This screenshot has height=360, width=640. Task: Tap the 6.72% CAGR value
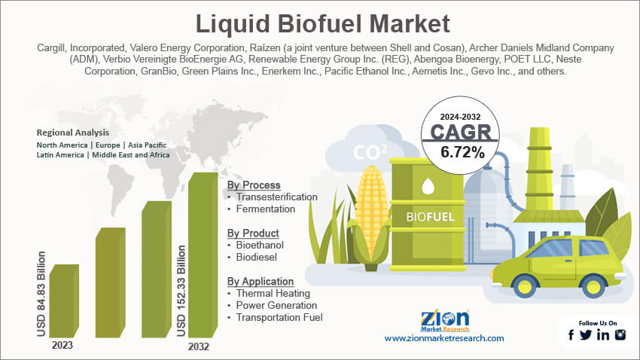point(456,152)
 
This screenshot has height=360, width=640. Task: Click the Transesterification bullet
point(276,197)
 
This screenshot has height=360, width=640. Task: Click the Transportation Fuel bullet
point(279,317)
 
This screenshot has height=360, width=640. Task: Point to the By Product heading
point(253,233)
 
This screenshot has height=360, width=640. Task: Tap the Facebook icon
point(572,335)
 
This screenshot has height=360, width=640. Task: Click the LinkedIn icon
point(603,335)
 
